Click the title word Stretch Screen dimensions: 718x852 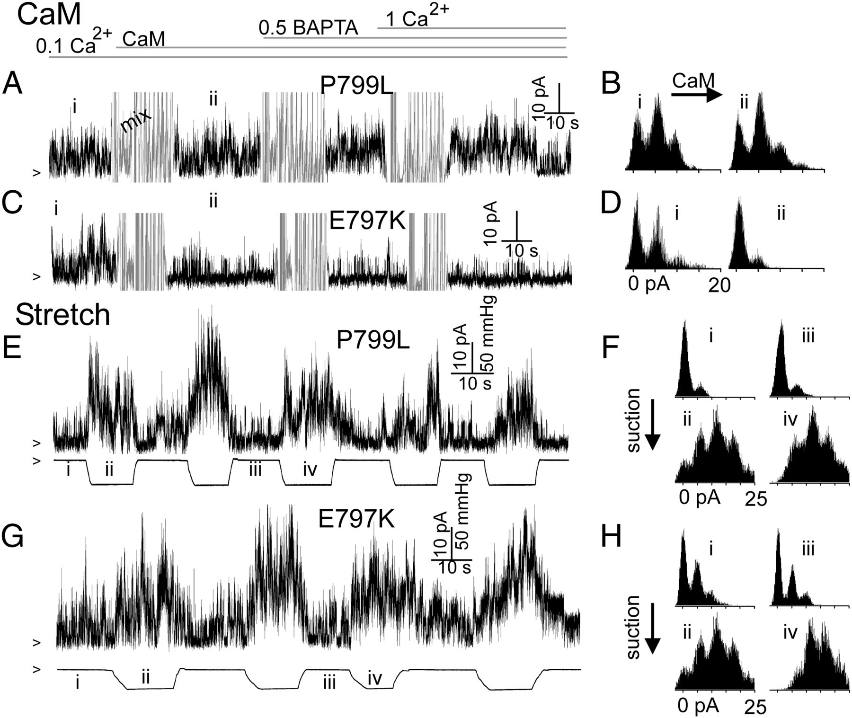62,315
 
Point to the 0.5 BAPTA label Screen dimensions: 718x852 308,28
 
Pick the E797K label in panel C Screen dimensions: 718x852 368,221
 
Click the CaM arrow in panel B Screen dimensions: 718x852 696,95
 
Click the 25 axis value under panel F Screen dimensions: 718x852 755,498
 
